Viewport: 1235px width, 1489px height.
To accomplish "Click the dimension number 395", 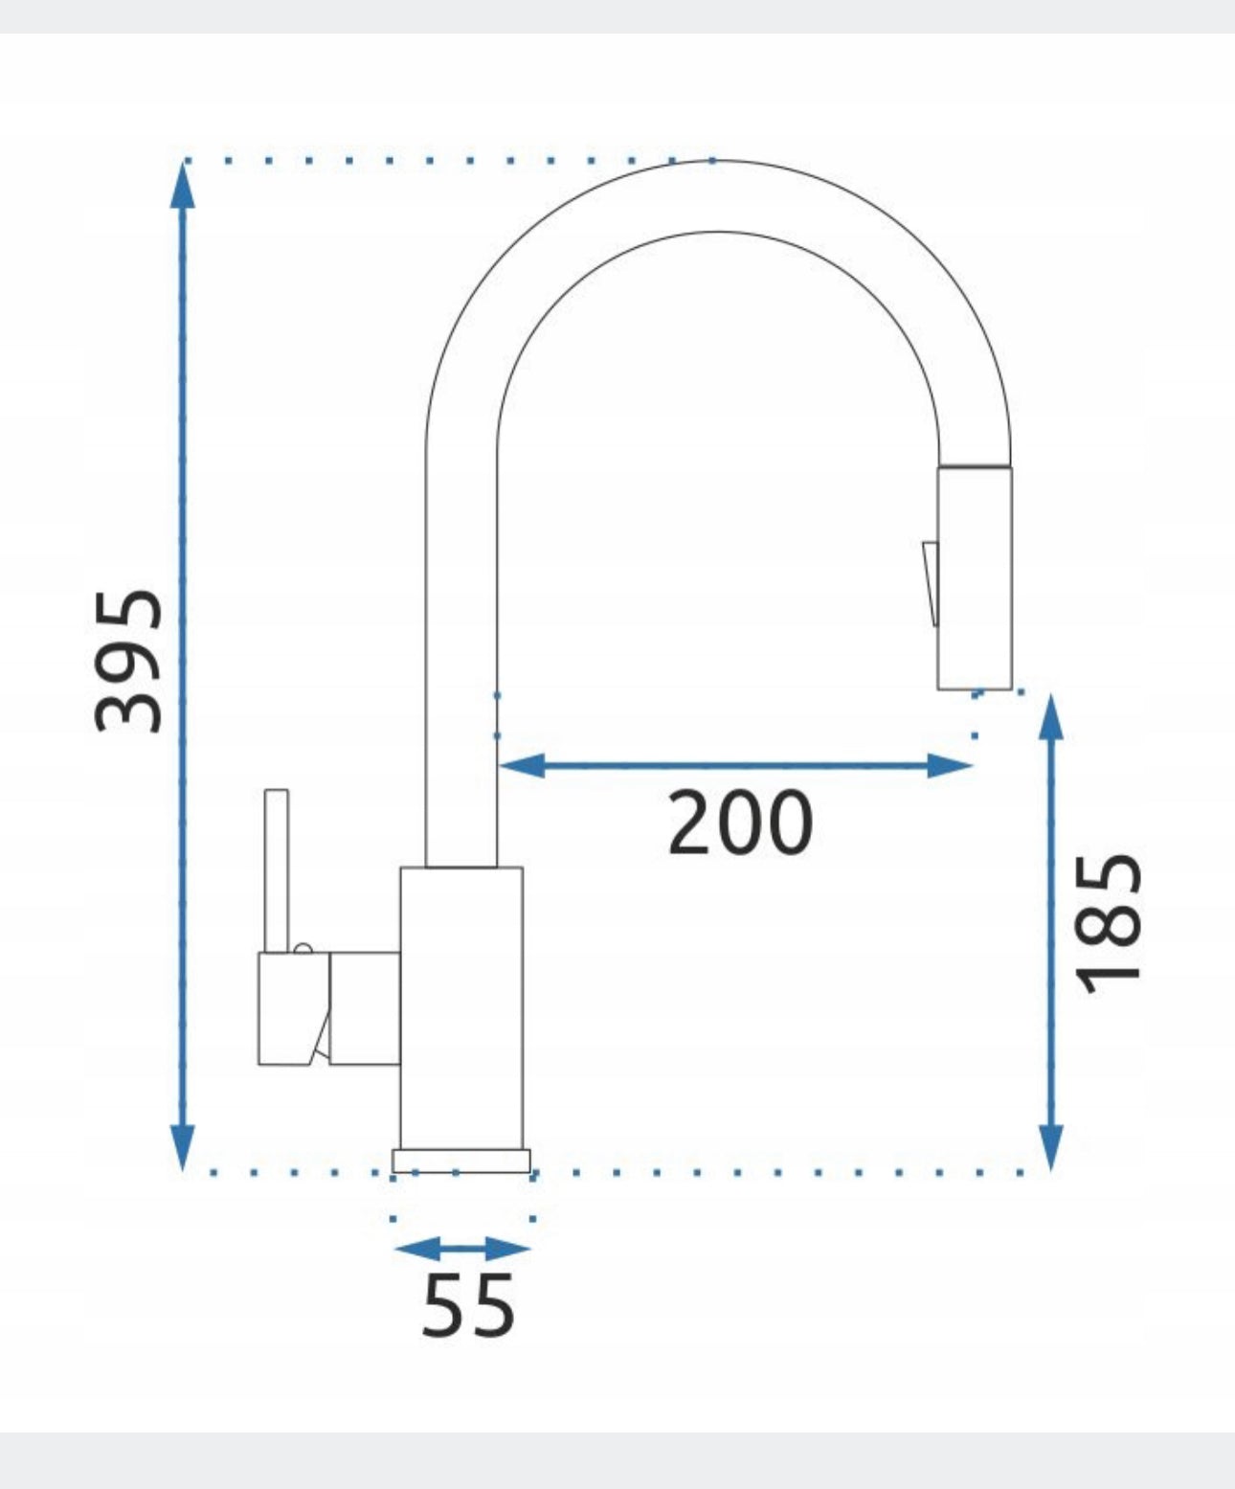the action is [x=129, y=661].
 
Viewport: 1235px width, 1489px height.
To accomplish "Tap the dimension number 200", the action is [x=740, y=823].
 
